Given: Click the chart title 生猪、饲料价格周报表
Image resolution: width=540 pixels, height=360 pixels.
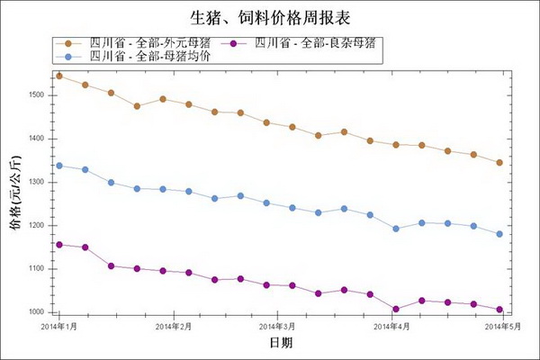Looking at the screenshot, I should (269, 18).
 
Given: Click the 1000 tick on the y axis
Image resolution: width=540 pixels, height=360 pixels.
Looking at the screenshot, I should (37, 311).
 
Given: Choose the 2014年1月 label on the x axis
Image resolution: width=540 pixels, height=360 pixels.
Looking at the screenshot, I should (60, 327).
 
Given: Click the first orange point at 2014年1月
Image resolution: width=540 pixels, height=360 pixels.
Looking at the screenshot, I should (59, 76).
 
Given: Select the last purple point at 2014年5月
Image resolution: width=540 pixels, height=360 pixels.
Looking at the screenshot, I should (499, 310).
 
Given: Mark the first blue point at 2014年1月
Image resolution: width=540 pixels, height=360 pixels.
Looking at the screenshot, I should (59, 166).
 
